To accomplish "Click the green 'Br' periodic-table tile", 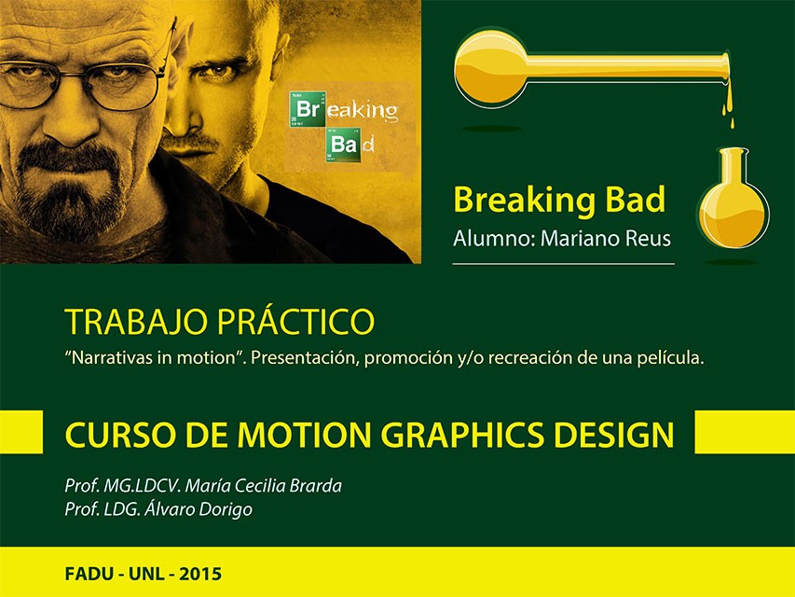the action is (308, 109).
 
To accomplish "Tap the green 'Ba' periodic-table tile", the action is (343, 145).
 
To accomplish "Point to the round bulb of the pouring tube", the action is (491, 68).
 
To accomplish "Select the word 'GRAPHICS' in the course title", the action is (462, 435).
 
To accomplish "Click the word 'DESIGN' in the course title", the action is (614, 435).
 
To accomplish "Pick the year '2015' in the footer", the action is (200, 574).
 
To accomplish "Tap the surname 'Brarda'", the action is (315, 485).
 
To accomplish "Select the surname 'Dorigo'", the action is (224, 509).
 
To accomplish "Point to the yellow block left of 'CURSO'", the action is (21, 432).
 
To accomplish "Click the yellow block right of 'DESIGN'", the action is (745, 432).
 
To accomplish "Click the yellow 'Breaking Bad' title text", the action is (558, 200).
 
